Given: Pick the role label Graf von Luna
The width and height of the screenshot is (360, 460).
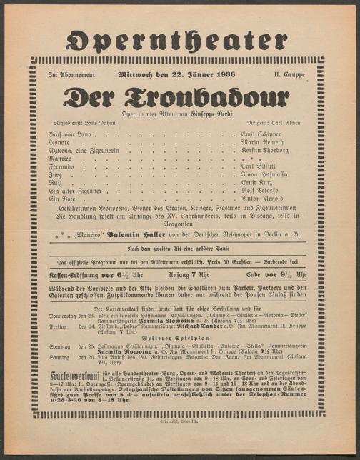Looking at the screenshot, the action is click(71, 133).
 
